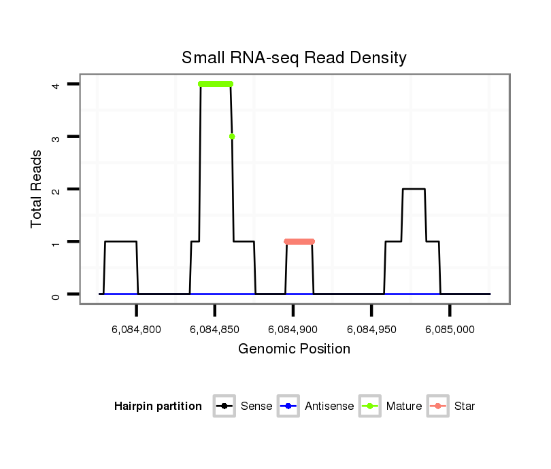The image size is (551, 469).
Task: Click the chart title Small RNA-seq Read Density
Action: [x=294, y=58]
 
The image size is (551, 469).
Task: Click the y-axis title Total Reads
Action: [x=37, y=189]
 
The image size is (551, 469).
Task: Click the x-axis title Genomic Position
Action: [x=294, y=349]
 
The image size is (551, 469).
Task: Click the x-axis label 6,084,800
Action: [x=137, y=330]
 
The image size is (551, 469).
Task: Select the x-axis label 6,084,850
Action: [x=215, y=330]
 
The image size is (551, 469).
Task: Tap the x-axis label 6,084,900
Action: [x=293, y=330]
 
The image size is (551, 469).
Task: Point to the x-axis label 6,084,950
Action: [x=371, y=330]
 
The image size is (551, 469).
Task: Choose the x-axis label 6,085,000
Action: [x=450, y=330]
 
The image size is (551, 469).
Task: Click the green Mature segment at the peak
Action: [x=216, y=84]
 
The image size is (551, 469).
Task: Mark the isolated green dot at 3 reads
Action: [x=232, y=137]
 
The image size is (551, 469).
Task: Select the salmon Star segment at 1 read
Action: [x=299, y=241]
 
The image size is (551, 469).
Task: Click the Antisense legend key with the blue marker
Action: [x=288, y=406]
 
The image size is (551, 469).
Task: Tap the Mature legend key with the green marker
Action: [x=369, y=406]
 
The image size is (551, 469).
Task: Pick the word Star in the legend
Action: [x=465, y=406]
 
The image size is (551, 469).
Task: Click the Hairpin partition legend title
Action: [x=158, y=406]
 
